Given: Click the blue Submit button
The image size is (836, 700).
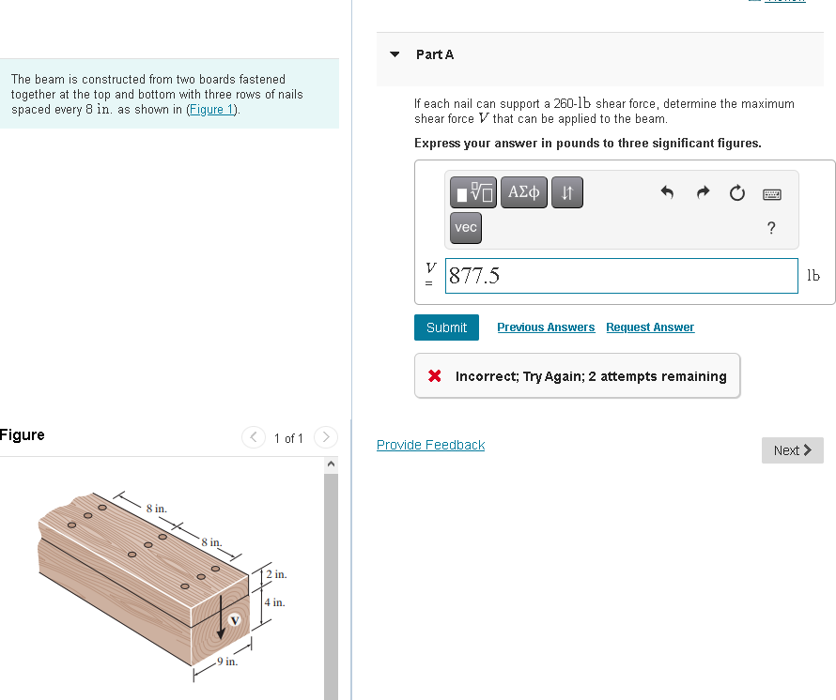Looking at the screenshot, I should [x=446, y=327].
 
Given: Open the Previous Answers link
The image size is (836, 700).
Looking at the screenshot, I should [x=546, y=327].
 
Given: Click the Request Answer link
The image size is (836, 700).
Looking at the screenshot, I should [x=650, y=327].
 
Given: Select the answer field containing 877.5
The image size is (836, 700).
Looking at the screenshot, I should [x=621, y=276].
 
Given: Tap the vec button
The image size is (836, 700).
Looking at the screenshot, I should [x=466, y=227].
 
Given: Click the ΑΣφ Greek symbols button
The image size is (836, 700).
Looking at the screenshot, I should [x=523, y=193].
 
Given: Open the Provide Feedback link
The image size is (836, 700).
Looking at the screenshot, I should [x=430, y=445].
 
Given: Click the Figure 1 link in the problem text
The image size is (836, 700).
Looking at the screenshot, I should [x=212, y=110].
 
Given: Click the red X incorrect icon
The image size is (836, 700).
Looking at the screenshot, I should [x=434, y=376].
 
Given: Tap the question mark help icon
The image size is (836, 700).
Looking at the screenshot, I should [x=771, y=228].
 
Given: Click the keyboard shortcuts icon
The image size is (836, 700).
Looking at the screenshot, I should [x=771, y=194].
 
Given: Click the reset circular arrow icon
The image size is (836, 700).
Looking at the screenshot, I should [x=737, y=194].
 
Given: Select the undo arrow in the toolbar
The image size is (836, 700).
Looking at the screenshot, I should [x=668, y=194].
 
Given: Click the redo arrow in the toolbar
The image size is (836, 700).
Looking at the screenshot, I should [x=703, y=194].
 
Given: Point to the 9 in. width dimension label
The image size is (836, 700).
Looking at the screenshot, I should [x=226, y=662].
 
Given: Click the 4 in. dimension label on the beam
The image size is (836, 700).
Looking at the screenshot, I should [x=275, y=602].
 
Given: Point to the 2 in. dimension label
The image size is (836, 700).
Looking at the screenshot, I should [x=276, y=573].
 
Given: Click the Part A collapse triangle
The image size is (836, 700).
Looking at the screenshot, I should [x=395, y=54].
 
